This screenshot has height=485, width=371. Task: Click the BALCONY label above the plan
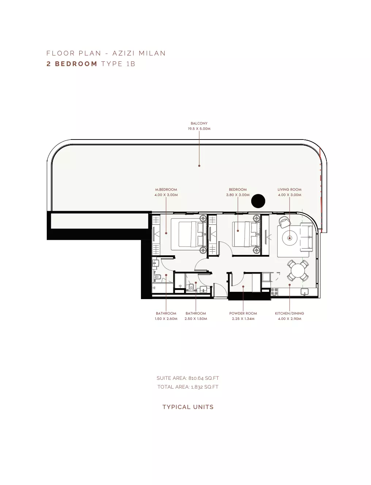pyautogui.click(x=199, y=123)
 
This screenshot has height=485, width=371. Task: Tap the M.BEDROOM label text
pyautogui.click(x=166, y=190)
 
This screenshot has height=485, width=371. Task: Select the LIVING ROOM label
pyautogui.click(x=289, y=190)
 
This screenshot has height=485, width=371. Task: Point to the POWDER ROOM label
pyautogui.click(x=243, y=313)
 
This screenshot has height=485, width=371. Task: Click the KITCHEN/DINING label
pyautogui.click(x=289, y=313)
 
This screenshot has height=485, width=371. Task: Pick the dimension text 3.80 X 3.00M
pyautogui.click(x=238, y=195)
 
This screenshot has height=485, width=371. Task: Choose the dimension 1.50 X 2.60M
pyautogui.click(x=166, y=318)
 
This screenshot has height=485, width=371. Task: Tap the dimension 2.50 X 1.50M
pyautogui.click(x=196, y=318)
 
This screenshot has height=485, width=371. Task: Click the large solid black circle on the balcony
pyautogui.click(x=258, y=201)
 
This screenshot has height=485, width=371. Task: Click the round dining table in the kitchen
pyautogui.click(x=298, y=271)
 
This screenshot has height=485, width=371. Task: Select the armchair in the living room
pyautogui.click(x=284, y=222)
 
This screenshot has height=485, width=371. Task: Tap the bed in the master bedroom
pyautogui.click(x=189, y=234)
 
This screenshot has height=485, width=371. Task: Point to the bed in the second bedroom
pyautogui.click(x=246, y=234)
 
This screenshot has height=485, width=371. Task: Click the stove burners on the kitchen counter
pyautogui.click(x=274, y=292)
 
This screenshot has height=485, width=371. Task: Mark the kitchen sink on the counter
pyautogui.click(x=304, y=292)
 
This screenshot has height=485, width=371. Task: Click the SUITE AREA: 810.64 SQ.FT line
pyautogui.click(x=188, y=378)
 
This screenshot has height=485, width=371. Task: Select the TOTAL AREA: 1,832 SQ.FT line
pyautogui.click(x=188, y=387)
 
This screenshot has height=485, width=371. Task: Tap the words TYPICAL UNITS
pyautogui.click(x=188, y=407)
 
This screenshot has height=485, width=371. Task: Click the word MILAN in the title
pyautogui.click(x=152, y=53)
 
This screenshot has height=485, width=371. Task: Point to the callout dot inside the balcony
pyautogui.click(x=199, y=166)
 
